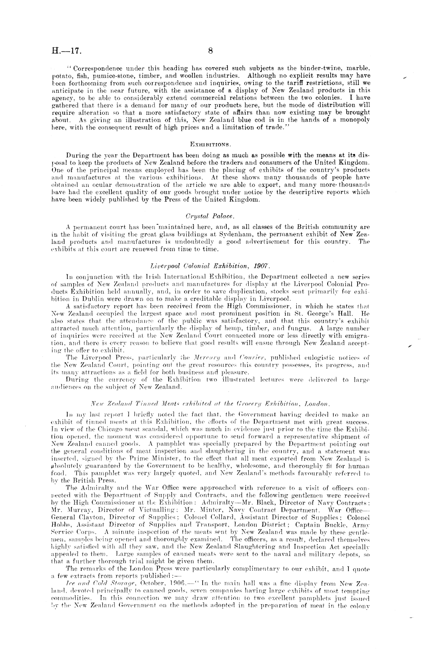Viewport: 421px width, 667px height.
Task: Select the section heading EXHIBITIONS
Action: (x=210, y=144)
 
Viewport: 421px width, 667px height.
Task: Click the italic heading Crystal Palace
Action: (x=210, y=216)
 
